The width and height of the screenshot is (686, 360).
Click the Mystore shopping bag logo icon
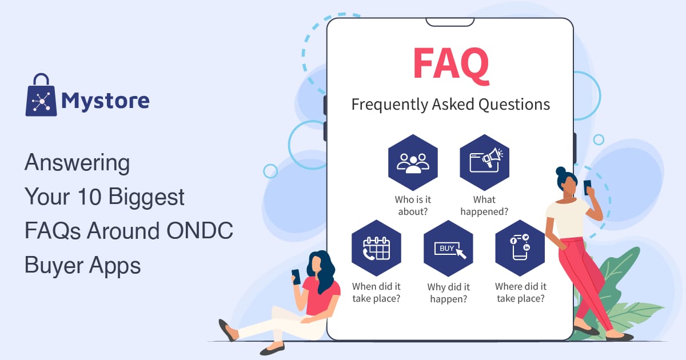point(41,95)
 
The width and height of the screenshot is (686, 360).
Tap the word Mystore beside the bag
point(105,101)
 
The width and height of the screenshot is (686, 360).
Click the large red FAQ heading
point(451,66)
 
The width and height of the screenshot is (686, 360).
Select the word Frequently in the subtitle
point(389,105)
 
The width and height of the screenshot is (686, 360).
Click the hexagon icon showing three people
point(413,162)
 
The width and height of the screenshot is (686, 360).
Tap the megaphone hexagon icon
point(485,162)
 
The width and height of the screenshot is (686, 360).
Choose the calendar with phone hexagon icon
point(376,248)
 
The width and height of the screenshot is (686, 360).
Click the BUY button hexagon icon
point(448,248)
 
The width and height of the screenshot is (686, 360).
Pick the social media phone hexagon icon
point(520,248)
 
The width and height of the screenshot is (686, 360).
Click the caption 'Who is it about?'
point(413,206)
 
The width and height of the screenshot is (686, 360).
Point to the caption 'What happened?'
point(485,206)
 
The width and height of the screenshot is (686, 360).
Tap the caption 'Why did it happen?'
point(448,293)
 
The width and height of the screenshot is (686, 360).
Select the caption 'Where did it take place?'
point(521,293)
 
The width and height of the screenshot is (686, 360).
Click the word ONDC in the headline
point(200,230)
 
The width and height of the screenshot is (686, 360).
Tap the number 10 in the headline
point(89,196)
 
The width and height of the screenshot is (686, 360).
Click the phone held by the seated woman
point(296,277)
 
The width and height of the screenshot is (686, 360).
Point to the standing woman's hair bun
point(561,171)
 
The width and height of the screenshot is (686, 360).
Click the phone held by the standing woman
point(587,187)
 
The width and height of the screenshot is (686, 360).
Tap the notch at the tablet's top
point(450,22)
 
